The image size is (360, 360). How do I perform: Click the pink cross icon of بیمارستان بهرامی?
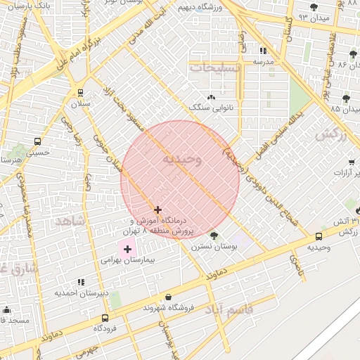point(127,249)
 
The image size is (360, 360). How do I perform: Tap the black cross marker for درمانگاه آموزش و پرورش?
point(157,210)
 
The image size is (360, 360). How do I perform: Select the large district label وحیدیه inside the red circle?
point(182,159)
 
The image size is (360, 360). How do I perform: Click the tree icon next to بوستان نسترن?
point(214,236)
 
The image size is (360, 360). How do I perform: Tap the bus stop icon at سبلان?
point(80,93)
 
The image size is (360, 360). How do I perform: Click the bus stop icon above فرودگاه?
point(105,318)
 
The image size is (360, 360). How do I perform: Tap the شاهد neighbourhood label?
point(70,221)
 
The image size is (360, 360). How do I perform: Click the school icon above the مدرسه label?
point(264,51)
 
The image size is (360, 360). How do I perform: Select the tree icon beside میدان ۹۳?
point(313,7)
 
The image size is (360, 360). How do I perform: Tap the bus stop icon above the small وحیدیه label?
point(319,237)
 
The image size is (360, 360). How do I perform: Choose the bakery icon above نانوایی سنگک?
point(210,97)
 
